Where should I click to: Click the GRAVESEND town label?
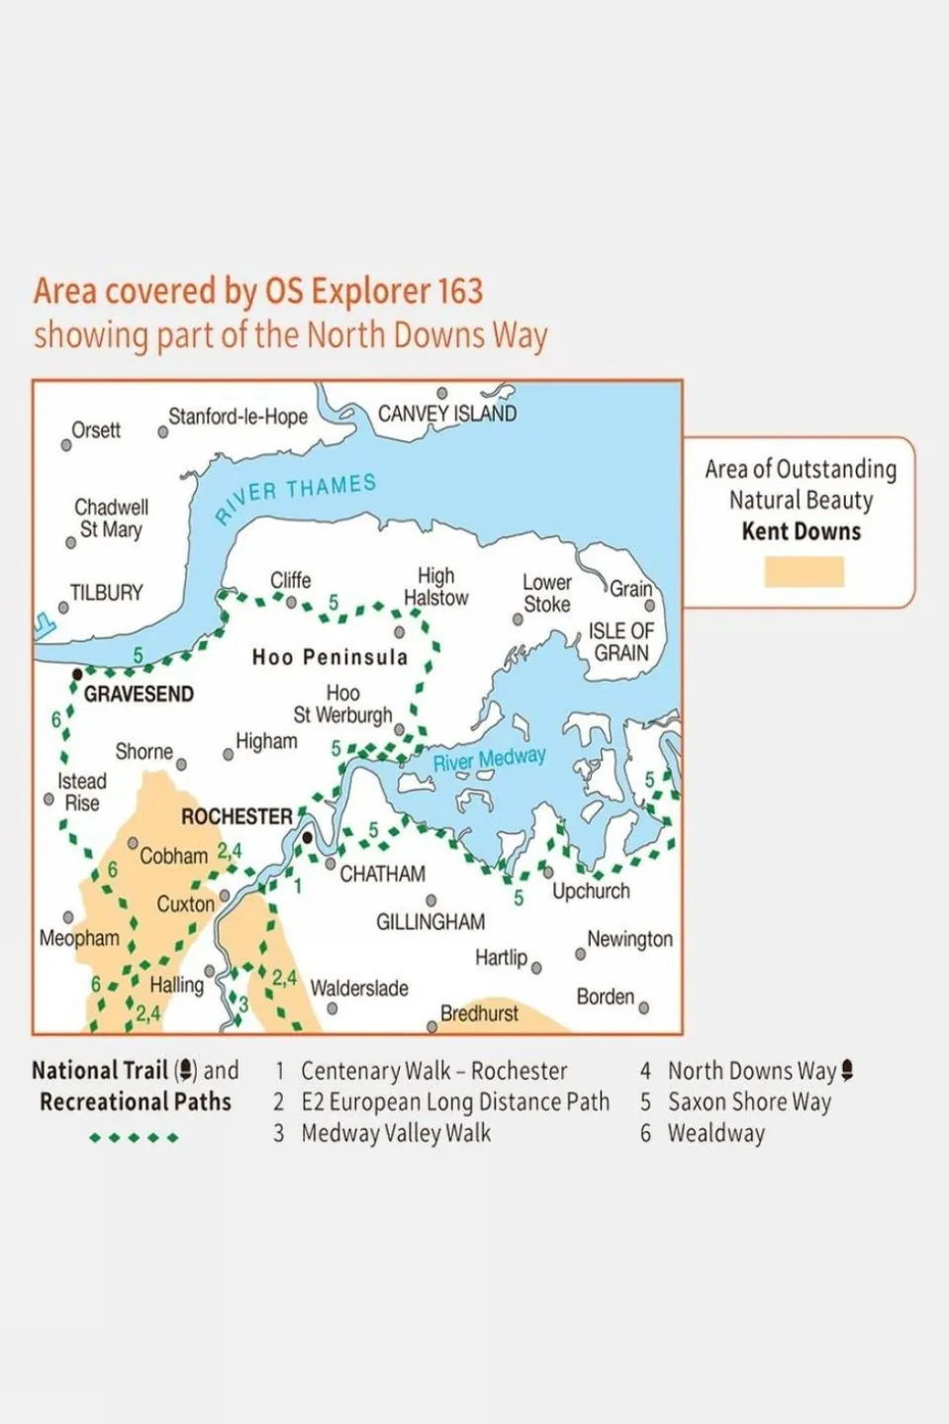[139, 694]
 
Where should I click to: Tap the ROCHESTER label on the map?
[237, 816]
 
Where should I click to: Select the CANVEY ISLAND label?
[447, 414]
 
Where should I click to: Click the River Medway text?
[490, 760]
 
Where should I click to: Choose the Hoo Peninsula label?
[330, 657]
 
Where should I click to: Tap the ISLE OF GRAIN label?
[620, 642]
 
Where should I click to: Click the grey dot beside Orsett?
[66, 444]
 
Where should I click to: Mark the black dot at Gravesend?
[77, 674]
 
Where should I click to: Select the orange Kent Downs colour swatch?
[804, 572]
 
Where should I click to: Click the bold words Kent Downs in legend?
[802, 531]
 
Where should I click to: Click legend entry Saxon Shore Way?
[749, 1101]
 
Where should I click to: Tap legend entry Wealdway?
[715, 1133]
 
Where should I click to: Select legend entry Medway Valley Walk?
[396, 1133]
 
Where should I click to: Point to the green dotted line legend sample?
[134, 1137]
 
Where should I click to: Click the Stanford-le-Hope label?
[237, 417]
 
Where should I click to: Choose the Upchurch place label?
[591, 891]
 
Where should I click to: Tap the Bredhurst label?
[479, 1013]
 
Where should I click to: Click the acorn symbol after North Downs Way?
[847, 1070]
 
